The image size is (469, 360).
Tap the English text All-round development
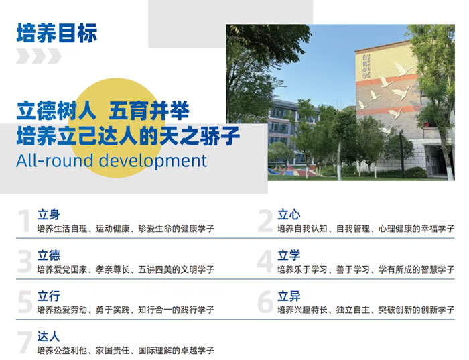(x=112, y=161)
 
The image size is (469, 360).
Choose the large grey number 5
(x=24, y=302)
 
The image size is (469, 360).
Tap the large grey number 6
(x=265, y=302)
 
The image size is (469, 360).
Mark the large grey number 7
(x=24, y=342)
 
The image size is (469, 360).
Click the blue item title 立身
(x=48, y=215)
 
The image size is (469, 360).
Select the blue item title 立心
(x=289, y=215)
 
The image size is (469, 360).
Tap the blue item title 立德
(x=48, y=255)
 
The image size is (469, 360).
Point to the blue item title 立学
(x=289, y=255)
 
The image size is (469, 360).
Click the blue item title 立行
(x=48, y=295)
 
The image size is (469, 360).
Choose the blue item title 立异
(x=289, y=295)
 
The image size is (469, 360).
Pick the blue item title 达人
(x=48, y=335)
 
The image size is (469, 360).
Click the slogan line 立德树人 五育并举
(x=103, y=109)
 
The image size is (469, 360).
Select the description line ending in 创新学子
(x=366, y=309)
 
